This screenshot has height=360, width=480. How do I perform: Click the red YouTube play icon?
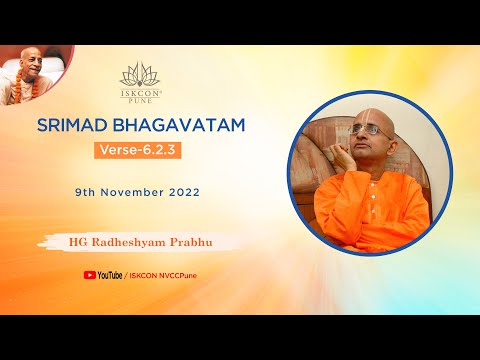pyautogui.click(x=90, y=274)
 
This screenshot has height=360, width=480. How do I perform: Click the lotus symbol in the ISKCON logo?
pyautogui.click(x=138, y=73)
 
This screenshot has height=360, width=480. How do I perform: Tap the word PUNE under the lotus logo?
pyautogui.click(x=138, y=99)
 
